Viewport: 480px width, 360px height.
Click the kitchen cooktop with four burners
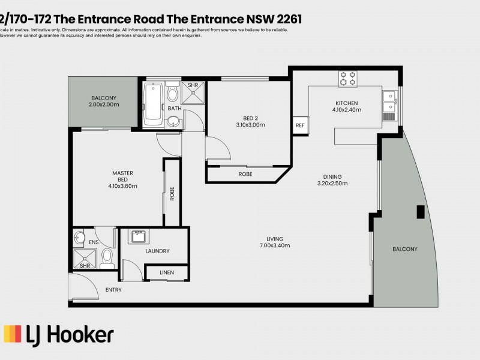(347, 78)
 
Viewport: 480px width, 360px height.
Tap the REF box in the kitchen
(299, 125)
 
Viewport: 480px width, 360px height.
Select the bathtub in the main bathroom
(152, 104)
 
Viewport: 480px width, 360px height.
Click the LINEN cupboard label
(167, 273)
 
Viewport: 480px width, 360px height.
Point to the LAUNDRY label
(157, 251)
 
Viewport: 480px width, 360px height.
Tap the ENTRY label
(113, 290)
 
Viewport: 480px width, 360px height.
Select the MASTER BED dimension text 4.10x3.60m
(122, 186)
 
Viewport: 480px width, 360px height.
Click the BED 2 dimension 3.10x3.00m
(250, 125)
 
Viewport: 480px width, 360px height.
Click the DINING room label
(332, 176)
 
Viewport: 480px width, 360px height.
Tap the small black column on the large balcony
(421, 212)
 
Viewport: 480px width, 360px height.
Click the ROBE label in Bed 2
(245, 174)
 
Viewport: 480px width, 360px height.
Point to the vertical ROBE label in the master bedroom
(172, 193)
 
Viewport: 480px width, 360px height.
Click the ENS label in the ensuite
(94, 242)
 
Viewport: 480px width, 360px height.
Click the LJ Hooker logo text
(59, 334)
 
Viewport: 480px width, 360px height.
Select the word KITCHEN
(346, 103)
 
